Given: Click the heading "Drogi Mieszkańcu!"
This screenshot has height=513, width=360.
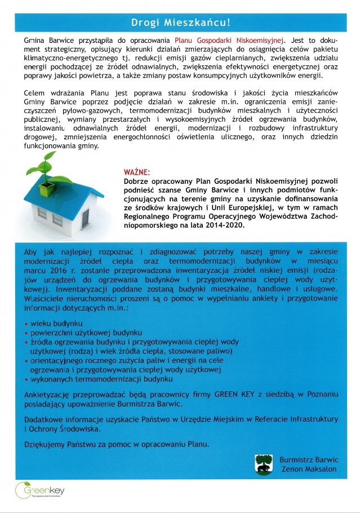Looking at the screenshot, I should point(180,23).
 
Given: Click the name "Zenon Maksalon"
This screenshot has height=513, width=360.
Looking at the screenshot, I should point(308,470).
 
